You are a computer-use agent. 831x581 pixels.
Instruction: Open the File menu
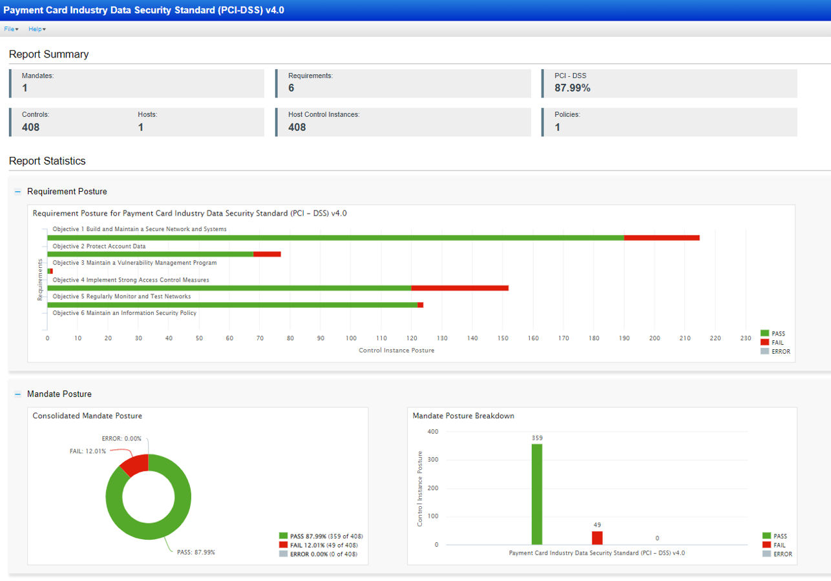point(11,29)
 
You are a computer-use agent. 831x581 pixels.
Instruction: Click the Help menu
point(37,29)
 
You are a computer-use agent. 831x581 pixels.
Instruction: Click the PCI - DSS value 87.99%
point(572,88)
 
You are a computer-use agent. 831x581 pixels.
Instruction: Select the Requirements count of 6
point(291,88)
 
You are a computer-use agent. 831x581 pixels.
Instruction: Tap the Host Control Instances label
point(324,115)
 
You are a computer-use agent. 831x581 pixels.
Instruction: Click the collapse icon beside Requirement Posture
point(18,192)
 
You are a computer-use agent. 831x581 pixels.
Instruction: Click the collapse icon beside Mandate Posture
point(18,394)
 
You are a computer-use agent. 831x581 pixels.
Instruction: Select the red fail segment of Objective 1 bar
point(662,238)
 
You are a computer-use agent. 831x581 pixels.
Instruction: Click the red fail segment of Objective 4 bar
point(459,288)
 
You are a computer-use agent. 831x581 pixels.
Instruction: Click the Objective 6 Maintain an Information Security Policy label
point(124,313)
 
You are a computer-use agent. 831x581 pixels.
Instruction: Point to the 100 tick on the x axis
point(351,338)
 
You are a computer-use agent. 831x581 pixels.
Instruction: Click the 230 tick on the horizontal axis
point(746,338)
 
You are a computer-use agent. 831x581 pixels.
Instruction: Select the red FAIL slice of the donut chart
point(134,464)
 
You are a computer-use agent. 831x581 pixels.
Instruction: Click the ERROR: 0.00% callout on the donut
point(121,439)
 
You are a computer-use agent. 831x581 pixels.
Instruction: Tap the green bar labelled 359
point(537,494)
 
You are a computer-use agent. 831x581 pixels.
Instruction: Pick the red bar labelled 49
point(597,538)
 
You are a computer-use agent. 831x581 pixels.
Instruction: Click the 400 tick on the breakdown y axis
point(432,432)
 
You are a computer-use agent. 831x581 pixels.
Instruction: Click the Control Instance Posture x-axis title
point(396,350)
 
